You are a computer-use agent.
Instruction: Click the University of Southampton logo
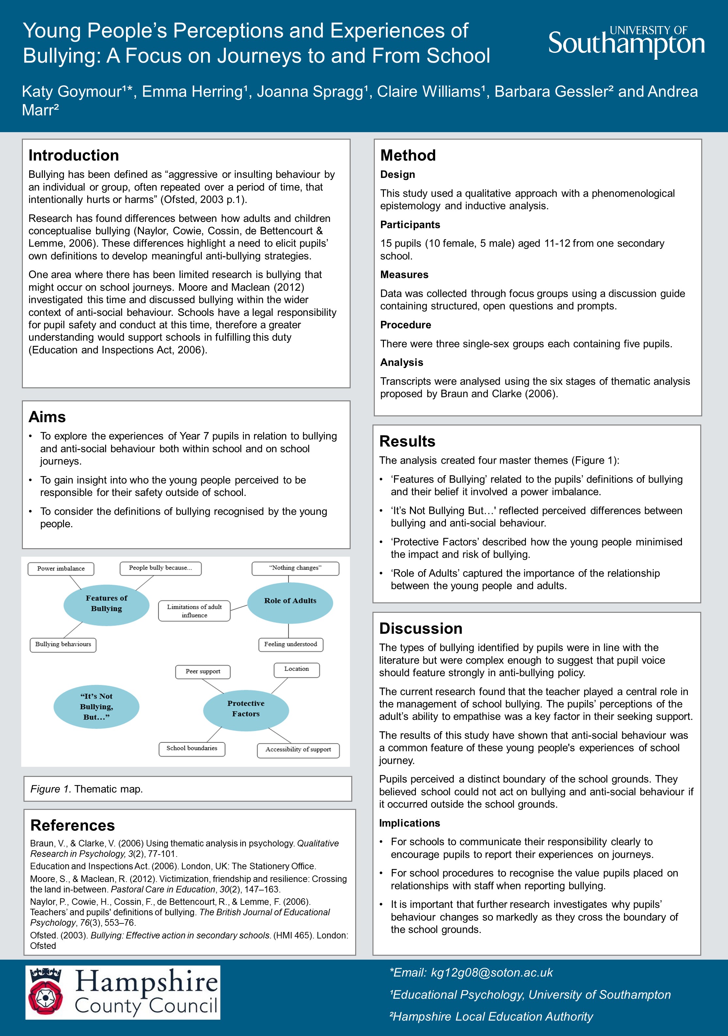click(x=626, y=42)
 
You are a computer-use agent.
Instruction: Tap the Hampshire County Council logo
click(x=123, y=992)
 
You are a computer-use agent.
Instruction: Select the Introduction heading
click(x=73, y=155)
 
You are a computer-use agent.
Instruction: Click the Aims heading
click(x=47, y=417)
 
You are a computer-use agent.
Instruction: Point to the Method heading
click(x=408, y=155)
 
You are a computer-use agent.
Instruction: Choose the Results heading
click(x=407, y=441)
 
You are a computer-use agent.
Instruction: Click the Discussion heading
click(x=421, y=628)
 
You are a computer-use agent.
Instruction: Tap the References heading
click(x=72, y=825)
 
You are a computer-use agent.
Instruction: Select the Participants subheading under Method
click(x=410, y=225)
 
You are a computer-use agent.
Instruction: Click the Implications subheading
click(x=409, y=823)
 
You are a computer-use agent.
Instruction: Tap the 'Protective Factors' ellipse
click(x=246, y=708)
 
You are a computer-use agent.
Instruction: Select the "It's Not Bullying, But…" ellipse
click(x=96, y=707)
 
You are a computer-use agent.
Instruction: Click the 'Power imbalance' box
click(x=61, y=568)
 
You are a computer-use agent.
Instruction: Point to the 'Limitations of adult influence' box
click(x=194, y=611)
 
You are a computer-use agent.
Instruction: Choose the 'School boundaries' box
click(x=192, y=748)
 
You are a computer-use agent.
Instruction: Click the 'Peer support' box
click(x=203, y=672)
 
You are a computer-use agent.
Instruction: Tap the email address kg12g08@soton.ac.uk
click(x=492, y=972)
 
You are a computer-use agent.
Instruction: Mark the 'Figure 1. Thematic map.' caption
click(x=86, y=789)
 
